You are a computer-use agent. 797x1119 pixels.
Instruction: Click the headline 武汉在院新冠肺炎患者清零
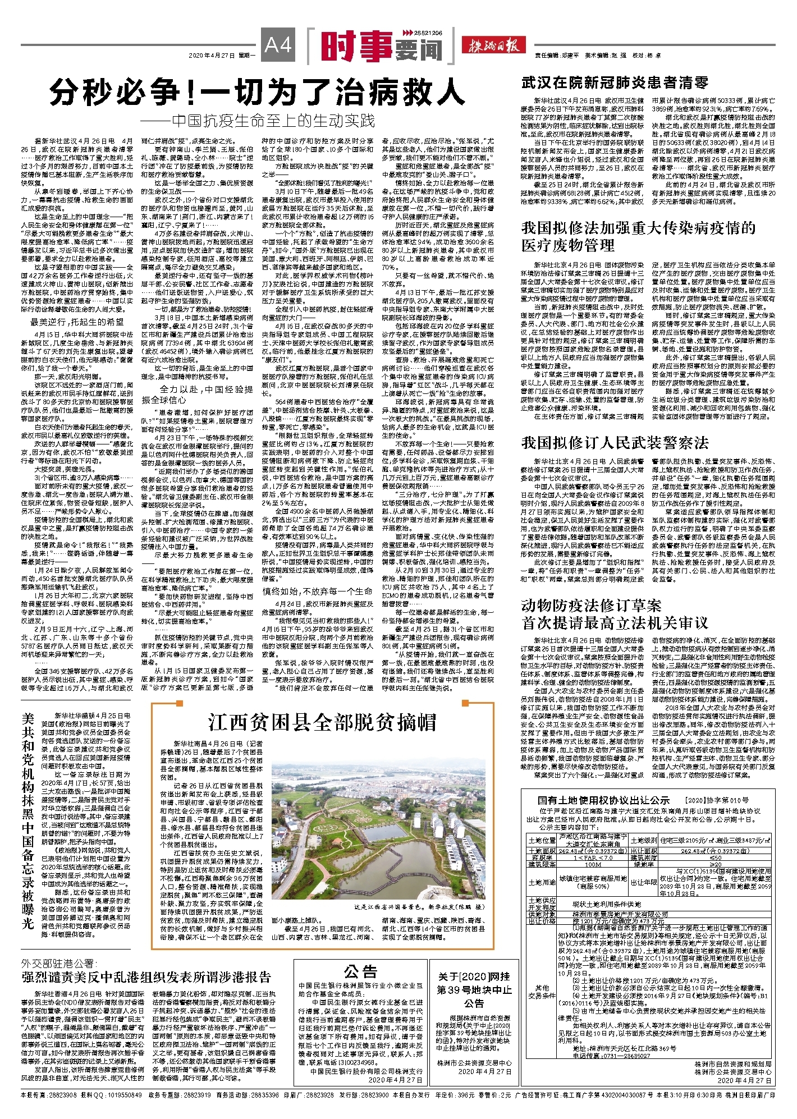coord(615,83)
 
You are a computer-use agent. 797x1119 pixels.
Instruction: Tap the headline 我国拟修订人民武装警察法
coord(615,443)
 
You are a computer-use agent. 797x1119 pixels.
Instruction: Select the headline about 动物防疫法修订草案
coord(615,614)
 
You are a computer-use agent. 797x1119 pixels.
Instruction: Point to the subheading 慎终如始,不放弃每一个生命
coord(317,591)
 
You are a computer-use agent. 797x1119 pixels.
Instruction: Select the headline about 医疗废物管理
coord(638,236)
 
